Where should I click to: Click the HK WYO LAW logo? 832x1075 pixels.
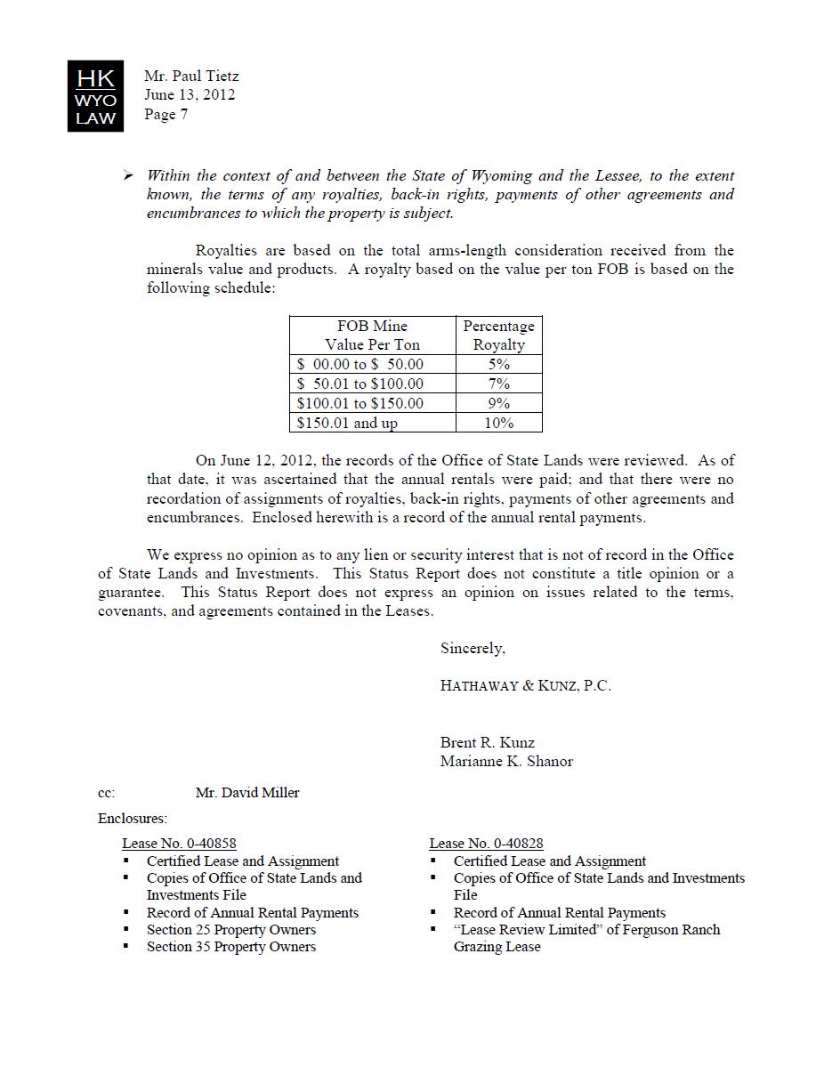coord(95,96)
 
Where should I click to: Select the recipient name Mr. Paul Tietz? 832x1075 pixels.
coord(191,77)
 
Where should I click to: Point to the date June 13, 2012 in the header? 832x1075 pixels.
coord(190,95)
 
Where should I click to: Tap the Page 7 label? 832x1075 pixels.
coord(166,114)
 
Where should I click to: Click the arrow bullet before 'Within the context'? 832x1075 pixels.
coord(127,176)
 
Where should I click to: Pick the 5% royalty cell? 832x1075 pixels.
coord(498,364)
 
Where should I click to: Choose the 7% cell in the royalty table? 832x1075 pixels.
coord(498,384)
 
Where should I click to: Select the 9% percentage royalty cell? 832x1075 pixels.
coord(498,403)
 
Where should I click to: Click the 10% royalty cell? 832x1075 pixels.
coord(498,423)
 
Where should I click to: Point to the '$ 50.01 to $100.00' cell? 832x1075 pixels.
coord(360,384)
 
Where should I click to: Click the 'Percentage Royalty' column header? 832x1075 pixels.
coord(498,335)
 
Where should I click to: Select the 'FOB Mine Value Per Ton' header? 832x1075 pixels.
coord(372,335)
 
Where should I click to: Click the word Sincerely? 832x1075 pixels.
coord(473,649)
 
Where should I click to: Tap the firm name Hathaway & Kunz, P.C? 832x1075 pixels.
coord(525,685)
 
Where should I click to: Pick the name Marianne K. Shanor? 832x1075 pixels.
coord(506,761)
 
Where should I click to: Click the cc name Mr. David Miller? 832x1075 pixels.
coord(247,793)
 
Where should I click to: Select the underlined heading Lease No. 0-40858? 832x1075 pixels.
coord(179,844)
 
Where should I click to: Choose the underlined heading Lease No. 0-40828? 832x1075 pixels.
coord(486,844)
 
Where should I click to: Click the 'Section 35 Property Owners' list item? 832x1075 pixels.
coord(230,947)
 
